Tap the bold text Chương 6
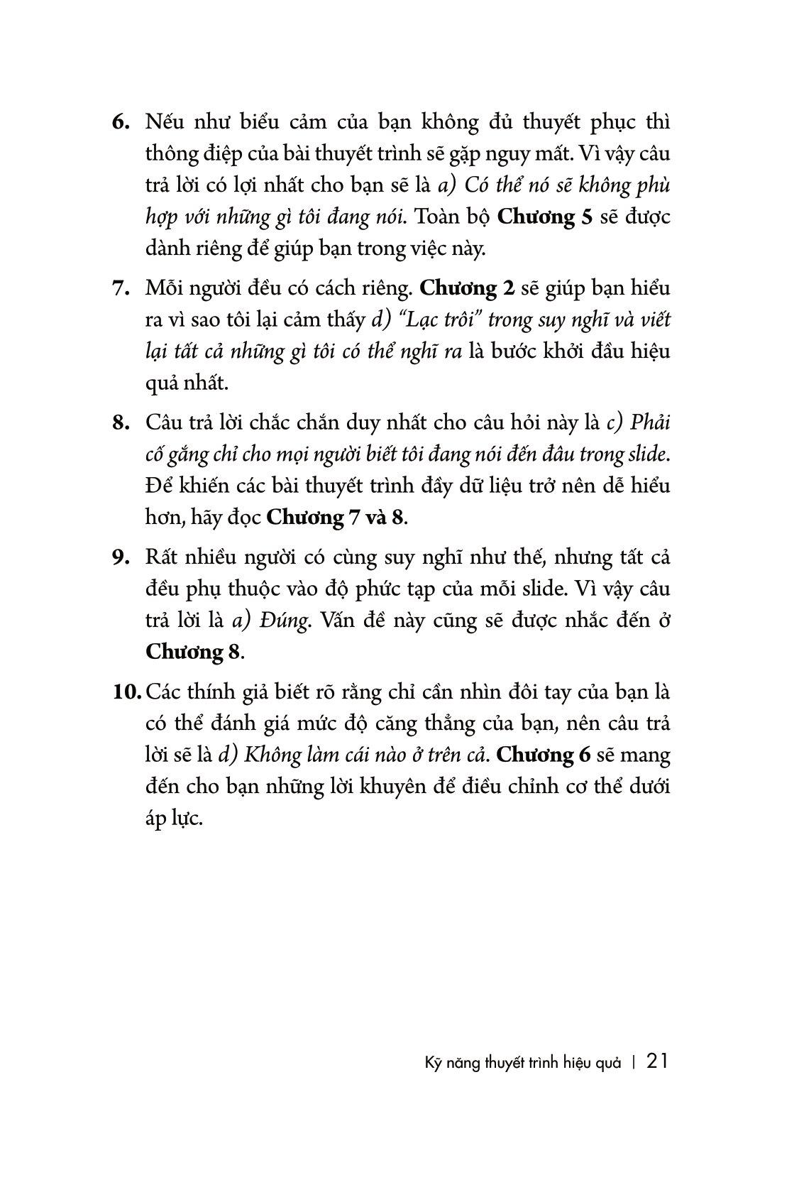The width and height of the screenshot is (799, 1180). click(544, 755)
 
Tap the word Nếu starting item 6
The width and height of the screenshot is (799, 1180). click(162, 122)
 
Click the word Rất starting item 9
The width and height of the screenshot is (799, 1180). click(160, 558)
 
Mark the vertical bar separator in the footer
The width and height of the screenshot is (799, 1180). click(634, 1062)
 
